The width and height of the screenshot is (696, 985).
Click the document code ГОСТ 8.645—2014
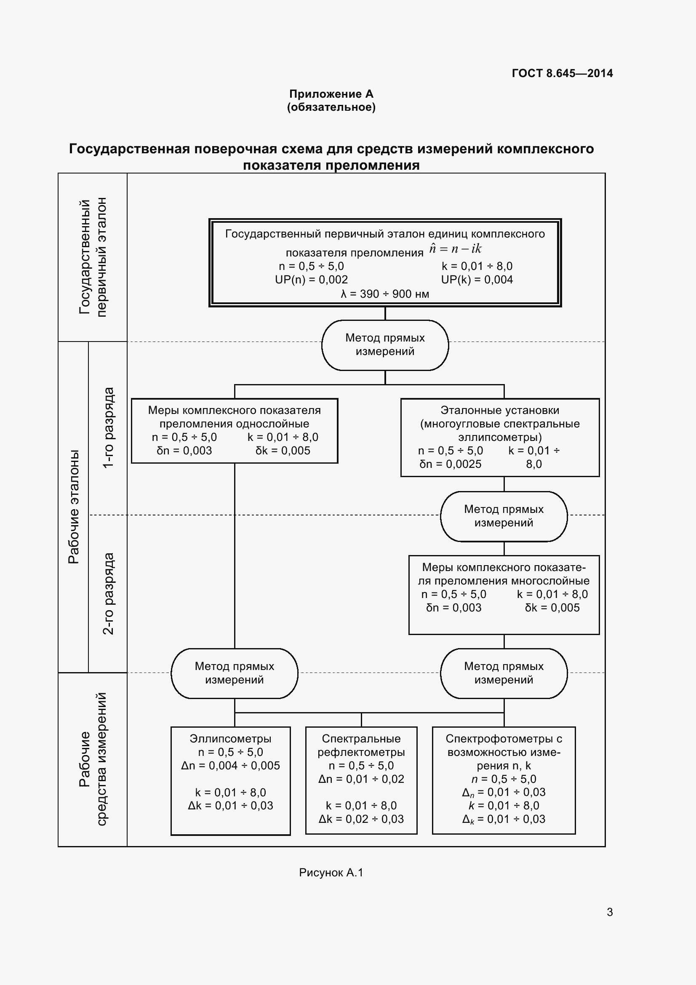pyautogui.click(x=562, y=73)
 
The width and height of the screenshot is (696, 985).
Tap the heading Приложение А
pyautogui.click(x=331, y=94)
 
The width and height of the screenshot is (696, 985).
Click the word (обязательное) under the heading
pyautogui.click(x=331, y=107)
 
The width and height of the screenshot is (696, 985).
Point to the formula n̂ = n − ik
pyautogui.click(x=455, y=249)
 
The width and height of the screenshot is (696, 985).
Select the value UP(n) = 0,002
pyautogui.click(x=311, y=280)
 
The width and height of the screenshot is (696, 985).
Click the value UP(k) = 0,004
pyautogui.click(x=477, y=280)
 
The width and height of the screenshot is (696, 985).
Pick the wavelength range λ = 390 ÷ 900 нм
pyautogui.click(x=385, y=294)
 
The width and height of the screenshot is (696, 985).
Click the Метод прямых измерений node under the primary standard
pyautogui.click(x=385, y=344)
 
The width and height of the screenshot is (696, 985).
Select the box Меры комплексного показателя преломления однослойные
pyautogui.click(x=234, y=430)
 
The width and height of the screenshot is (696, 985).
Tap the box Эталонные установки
pyautogui.click(x=500, y=437)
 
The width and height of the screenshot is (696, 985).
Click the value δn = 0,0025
pyautogui.click(x=450, y=464)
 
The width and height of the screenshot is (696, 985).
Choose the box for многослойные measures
pyautogui.click(x=504, y=594)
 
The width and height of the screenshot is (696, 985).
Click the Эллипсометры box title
pyautogui.click(x=230, y=739)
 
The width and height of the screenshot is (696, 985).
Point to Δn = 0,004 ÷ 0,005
pyautogui.click(x=230, y=765)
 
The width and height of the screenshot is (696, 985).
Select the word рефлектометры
pyautogui.click(x=361, y=752)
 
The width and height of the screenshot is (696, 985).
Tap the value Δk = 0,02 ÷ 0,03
pyautogui.click(x=361, y=819)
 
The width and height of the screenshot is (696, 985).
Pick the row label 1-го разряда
pyautogui.click(x=109, y=427)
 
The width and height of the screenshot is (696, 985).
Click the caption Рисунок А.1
pyautogui.click(x=331, y=873)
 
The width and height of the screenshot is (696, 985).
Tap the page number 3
pyautogui.click(x=609, y=912)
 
